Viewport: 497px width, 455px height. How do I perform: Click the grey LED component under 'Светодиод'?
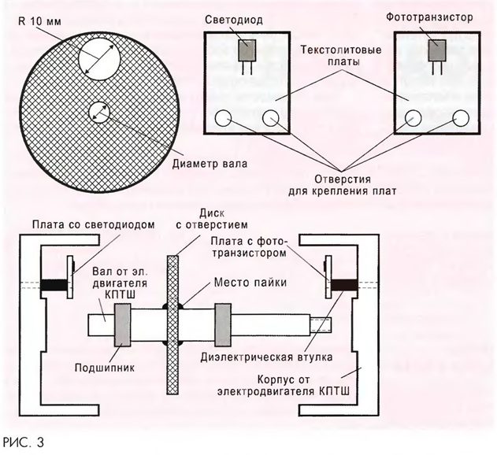(247, 51)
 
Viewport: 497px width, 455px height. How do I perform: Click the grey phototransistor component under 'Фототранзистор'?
(435, 51)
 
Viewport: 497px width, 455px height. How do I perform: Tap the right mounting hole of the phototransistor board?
(461, 118)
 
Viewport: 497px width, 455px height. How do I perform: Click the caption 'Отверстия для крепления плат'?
(341, 183)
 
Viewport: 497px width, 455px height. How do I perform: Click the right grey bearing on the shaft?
(225, 324)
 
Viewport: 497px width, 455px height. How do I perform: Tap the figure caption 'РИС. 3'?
(24, 442)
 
